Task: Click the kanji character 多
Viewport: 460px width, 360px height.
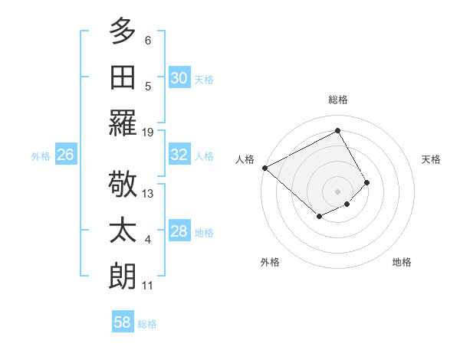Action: pyautogui.click(x=123, y=31)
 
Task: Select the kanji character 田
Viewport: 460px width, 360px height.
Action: pyautogui.click(x=123, y=77)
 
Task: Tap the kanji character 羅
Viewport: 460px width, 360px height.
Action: pyautogui.click(x=123, y=123)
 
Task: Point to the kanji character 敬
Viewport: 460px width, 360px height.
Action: pyautogui.click(x=123, y=185)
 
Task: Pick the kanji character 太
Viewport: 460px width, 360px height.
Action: pyautogui.click(x=123, y=231)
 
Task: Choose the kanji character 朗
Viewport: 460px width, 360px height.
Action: pyautogui.click(x=123, y=276)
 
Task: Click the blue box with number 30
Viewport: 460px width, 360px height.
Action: pyautogui.click(x=179, y=78)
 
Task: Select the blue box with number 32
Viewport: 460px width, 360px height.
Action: pyautogui.click(x=179, y=155)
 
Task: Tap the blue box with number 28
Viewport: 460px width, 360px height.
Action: pyautogui.click(x=179, y=231)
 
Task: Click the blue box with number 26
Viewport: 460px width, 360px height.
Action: pyautogui.click(x=65, y=155)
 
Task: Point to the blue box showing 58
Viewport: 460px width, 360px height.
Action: pyautogui.click(x=123, y=322)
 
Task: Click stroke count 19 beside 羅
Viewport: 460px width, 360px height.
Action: pyautogui.click(x=148, y=133)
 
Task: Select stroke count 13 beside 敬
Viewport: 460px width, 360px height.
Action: pyautogui.click(x=148, y=194)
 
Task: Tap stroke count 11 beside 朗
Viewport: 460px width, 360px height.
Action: pyautogui.click(x=148, y=286)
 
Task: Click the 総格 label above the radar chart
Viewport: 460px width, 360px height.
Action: pyautogui.click(x=337, y=100)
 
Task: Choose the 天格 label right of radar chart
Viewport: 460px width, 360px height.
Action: pyautogui.click(x=432, y=159)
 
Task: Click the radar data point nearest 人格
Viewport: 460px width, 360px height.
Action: pyautogui.click(x=264, y=168)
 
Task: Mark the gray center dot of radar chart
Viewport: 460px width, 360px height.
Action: pyautogui.click(x=337, y=191)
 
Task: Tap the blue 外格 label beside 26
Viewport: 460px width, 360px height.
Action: pyautogui.click(x=41, y=155)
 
